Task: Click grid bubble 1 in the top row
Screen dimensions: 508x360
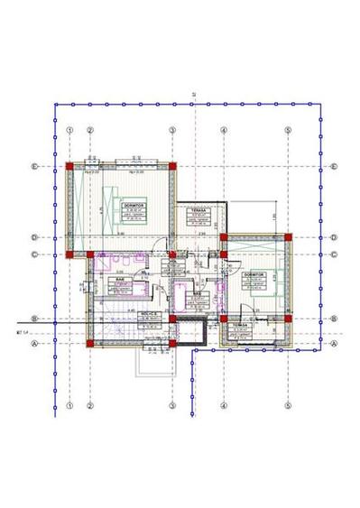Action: (69, 129)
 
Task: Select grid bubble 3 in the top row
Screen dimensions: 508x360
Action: (171, 129)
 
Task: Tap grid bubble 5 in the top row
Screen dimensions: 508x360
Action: (288, 129)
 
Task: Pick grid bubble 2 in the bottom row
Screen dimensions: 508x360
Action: (90, 405)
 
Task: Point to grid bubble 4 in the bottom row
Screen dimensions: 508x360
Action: (223, 405)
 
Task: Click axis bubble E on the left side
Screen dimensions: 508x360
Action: (33, 167)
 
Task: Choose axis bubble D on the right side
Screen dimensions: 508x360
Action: (333, 238)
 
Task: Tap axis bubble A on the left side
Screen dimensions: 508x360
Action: (33, 343)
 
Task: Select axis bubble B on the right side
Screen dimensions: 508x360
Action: (333, 318)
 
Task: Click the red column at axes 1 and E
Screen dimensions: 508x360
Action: (69, 167)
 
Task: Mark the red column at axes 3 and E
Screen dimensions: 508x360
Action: (171, 167)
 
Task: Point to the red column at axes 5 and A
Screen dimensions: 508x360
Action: (288, 343)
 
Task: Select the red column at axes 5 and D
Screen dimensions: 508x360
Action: (288, 238)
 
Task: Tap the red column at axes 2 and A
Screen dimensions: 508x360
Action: (90, 343)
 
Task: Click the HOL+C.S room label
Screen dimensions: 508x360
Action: (151, 314)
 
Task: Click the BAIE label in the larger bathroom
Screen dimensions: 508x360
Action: (118, 280)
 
